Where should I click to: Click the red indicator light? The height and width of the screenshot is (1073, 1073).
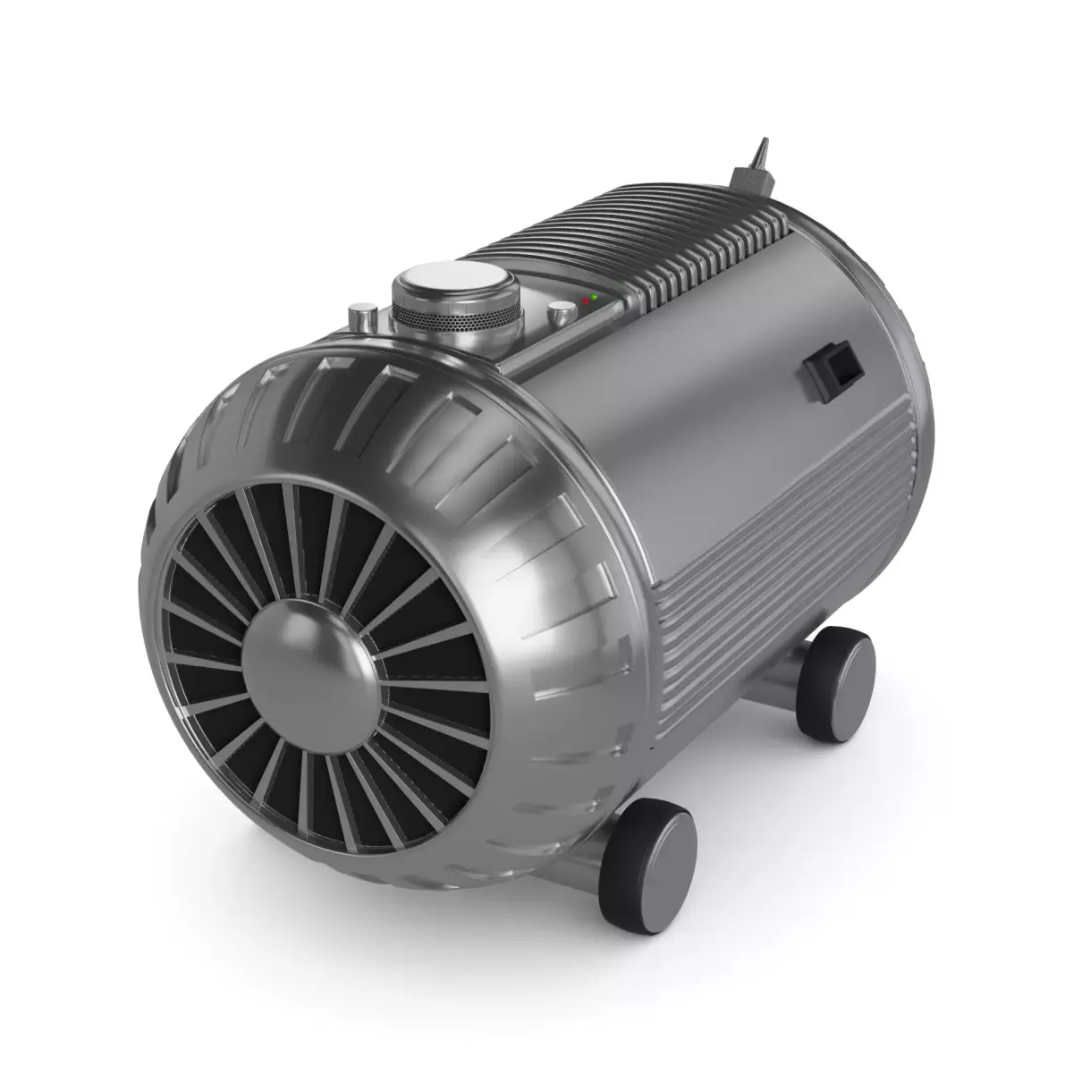pyautogui.click(x=586, y=300)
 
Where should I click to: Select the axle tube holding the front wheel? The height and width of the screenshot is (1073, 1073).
pyautogui.click(x=590, y=863)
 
